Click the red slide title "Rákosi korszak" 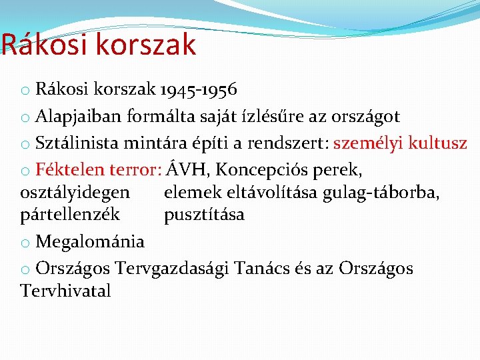99,45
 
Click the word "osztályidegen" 75,193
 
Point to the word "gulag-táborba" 381,193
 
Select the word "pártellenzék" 70,215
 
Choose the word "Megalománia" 90,241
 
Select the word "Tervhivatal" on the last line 65,291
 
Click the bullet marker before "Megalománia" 25,242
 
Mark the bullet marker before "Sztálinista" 25,144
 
